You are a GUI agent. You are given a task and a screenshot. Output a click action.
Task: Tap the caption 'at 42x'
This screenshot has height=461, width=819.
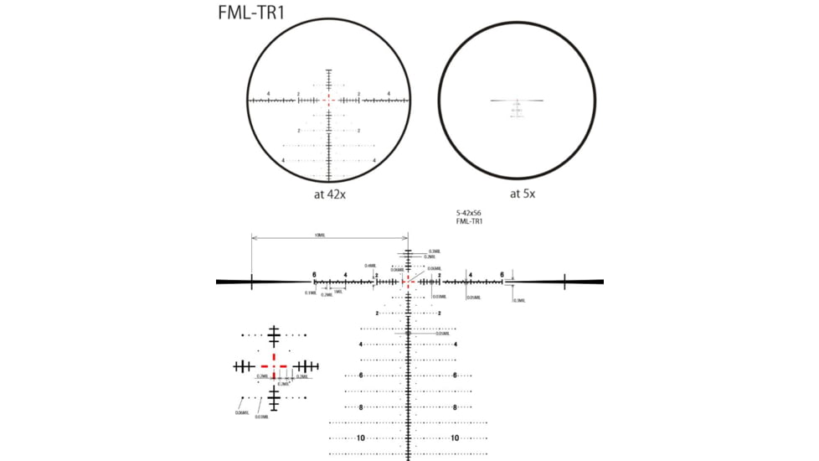click(x=328, y=193)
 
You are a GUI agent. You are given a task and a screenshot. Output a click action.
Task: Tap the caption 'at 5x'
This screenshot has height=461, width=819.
click(x=517, y=193)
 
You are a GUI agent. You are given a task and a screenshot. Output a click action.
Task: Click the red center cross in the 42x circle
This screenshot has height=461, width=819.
click(x=328, y=100)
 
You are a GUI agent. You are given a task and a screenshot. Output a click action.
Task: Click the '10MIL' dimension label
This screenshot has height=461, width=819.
click(x=320, y=236)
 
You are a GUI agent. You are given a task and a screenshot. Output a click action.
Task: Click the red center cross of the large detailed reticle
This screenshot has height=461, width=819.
click(x=408, y=282)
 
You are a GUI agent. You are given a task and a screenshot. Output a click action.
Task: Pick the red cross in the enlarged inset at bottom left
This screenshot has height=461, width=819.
click(x=273, y=366)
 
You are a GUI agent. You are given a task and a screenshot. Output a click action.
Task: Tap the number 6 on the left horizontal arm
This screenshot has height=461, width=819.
click(x=314, y=275)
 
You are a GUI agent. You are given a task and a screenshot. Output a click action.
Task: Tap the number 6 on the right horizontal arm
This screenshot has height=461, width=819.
click(x=502, y=275)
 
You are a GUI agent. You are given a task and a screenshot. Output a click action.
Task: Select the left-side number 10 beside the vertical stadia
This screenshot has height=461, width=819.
click(x=361, y=438)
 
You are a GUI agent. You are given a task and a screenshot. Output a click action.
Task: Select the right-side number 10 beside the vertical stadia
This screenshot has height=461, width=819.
click(x=455, y=438)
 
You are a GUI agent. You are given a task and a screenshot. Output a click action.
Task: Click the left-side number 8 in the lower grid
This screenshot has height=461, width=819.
click(x=361, y=407)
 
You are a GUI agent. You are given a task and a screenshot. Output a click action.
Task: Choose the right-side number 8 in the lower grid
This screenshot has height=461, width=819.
click(x=455, y=407)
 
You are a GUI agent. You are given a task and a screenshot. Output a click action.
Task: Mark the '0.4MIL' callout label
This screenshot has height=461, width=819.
click(x=370, y=266)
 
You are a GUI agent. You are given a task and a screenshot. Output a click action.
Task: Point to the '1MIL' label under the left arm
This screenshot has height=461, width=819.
click(x=337, y=291)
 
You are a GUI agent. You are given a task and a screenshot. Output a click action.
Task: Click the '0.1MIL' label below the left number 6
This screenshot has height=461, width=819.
click(x=311, y=293)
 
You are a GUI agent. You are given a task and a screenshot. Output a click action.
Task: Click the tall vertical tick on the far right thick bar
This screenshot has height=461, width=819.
click(x=565, y=282)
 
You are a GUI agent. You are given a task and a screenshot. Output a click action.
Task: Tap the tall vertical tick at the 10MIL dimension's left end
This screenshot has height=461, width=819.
click(x=252, y=282)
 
